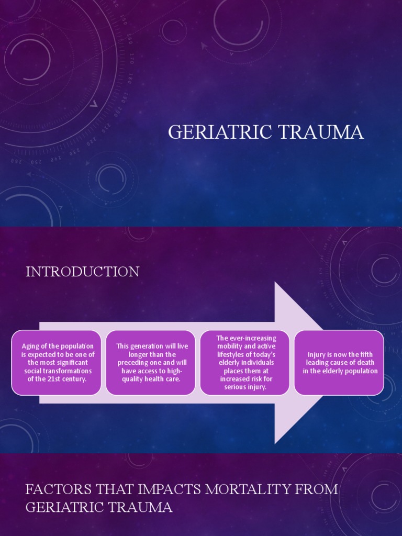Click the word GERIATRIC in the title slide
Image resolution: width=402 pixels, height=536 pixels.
[x=216, y=132]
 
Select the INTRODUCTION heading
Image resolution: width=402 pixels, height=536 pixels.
[x=82, y=272]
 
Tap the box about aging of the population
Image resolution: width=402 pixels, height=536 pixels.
[x=57, y=362]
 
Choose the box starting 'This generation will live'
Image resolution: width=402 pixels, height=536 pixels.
[x=151, y=362]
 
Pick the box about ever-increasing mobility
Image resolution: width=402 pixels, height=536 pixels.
[x=245, y=362]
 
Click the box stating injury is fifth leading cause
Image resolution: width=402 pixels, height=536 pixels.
[x=339, y=362]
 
